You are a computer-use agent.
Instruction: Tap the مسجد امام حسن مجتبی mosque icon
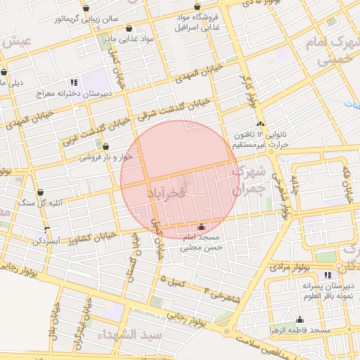[202, 227]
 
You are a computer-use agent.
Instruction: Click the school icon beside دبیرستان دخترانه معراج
[74, 82]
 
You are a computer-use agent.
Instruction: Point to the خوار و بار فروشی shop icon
[105, 147]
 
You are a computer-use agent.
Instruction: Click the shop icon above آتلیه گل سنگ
[41, 192]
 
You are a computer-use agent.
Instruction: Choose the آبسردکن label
[49, 241]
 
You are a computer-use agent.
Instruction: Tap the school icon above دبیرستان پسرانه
[327, 275]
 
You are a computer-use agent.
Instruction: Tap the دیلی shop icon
[5, 72]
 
